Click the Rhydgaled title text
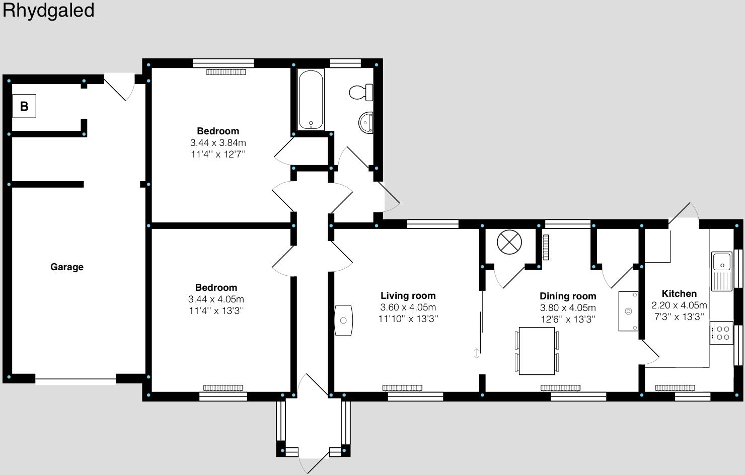(x=48, y=11)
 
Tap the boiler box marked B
(x=24, y=106)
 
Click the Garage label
(x=66, y=267)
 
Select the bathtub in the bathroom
(x=311, y=100)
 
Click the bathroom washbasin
(x=366, y=122)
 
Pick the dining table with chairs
(x=537, y=351)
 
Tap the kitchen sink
(x=721, y=271)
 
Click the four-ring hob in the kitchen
(x=721, y=333)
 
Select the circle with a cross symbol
(x=509, y=243)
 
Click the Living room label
(x=408, y=296)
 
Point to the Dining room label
(x=568, y=296)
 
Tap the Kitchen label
(x=679, y=294)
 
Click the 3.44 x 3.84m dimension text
(x=218, y=143)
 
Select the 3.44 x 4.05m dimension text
(x=216, y=299)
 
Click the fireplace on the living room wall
(x=344, y=320)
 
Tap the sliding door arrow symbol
(x=476, y=354)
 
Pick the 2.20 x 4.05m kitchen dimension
(x=679, y=305)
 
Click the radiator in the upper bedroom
(x=226, y=72)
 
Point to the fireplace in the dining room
(x=628, y=311)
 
